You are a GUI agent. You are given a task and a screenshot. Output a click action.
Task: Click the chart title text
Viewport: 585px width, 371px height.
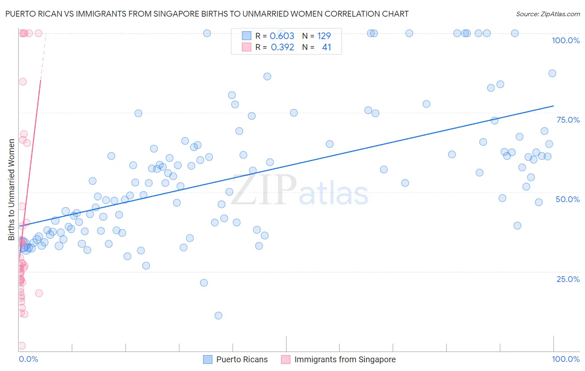pos(207,14)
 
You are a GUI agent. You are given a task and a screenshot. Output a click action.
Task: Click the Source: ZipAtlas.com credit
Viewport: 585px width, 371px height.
pos(548,14)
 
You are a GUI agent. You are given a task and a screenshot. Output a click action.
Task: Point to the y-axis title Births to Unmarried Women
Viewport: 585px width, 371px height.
pos(11,190)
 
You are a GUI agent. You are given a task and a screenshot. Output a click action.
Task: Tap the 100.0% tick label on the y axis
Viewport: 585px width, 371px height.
pos(565,40)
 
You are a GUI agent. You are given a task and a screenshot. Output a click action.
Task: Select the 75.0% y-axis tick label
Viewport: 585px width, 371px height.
pos(568,120)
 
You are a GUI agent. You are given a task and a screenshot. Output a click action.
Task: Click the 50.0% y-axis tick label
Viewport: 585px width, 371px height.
pos(568,199)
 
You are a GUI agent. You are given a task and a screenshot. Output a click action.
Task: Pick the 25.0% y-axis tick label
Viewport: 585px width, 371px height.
pos(568,279)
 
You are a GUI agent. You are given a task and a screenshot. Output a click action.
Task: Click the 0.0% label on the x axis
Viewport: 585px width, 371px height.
pos(28,359)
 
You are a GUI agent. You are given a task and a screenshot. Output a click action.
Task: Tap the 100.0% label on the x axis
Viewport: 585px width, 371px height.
pos(565,359)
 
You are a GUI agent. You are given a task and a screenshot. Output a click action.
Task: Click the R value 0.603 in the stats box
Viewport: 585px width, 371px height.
pos(282,36)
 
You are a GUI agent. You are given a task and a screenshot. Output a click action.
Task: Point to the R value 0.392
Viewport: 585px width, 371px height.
pos(282,47)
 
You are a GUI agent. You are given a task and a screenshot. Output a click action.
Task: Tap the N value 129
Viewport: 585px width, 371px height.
pos(324,36)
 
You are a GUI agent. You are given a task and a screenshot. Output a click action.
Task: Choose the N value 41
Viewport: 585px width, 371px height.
pos(326,47)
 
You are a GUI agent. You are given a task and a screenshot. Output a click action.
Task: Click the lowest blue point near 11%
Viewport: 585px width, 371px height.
pos(218,316)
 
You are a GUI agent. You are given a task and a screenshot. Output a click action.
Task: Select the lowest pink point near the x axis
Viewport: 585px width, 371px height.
pos(22,346)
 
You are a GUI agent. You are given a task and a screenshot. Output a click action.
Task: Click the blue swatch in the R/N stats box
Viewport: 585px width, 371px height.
pos(247,36)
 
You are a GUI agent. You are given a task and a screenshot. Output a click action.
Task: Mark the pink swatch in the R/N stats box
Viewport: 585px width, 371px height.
pos(247,47)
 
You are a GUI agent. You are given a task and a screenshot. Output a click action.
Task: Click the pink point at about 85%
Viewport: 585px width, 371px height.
pos(23,82)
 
